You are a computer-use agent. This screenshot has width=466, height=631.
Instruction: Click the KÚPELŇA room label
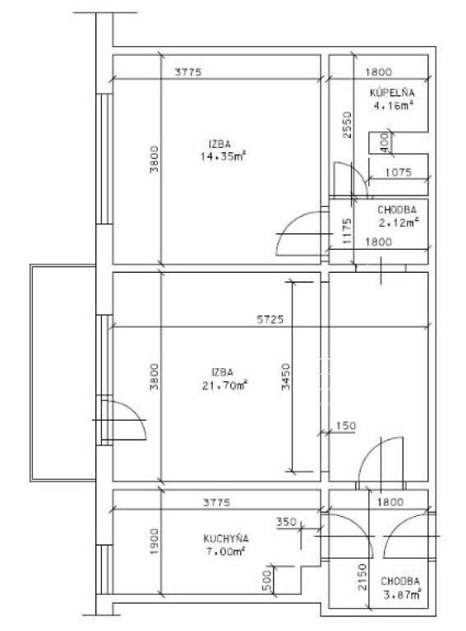(392, 93)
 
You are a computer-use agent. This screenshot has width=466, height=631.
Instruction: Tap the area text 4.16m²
(394, 106)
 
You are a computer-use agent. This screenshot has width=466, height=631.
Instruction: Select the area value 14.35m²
(223, 156)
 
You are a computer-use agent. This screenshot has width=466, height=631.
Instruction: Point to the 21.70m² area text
(224, 385)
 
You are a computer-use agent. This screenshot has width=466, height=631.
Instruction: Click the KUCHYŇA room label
(226, 538)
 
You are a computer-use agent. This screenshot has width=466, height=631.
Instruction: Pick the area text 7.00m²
(225, 552)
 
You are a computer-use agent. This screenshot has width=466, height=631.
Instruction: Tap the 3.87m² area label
(402, 594)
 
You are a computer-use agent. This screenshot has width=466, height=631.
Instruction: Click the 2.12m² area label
(399, 223)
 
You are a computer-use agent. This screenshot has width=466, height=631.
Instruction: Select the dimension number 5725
(270, 320)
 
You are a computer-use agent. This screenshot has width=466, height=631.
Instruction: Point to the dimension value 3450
(286, 376)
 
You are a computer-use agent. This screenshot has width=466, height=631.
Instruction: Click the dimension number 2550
(347, 125)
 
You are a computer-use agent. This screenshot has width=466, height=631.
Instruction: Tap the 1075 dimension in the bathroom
(399, 173)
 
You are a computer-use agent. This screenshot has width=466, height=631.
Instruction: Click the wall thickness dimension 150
(346, 426)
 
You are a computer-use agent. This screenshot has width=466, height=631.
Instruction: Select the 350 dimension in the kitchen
(286, 522)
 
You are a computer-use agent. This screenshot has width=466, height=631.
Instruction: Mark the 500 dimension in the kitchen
(266, 580)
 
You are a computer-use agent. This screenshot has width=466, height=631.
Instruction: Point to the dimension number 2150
(362, 577)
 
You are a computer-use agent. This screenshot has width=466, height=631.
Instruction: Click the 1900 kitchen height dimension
(155, 541)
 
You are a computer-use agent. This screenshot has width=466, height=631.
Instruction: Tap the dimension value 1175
(347, 231)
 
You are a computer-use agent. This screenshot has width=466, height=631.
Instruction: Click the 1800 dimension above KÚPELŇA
(378, 72)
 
